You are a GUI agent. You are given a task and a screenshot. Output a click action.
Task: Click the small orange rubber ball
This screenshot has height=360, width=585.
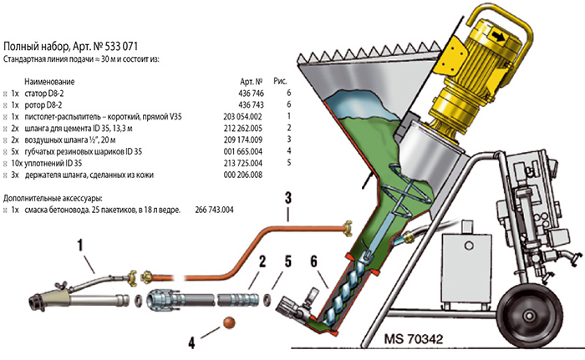tap(225, 323)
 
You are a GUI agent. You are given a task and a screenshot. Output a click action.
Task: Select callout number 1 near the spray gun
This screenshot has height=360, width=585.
tap(82, 246)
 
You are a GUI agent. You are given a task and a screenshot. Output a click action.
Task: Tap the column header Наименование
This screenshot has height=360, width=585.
tap(50, 82)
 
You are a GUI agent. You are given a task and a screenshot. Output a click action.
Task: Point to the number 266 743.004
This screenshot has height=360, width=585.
tap(214, 210)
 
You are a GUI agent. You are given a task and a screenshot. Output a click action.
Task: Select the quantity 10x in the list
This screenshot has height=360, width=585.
tap(16, 163)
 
